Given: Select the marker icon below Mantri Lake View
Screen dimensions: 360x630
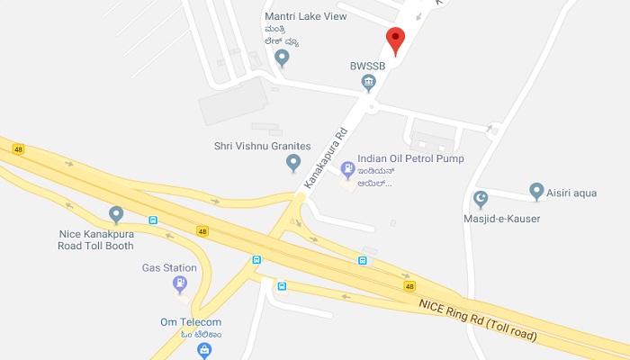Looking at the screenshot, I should click(x=283, y=58).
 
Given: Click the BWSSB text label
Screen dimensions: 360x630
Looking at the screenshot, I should click(x=369, y=65).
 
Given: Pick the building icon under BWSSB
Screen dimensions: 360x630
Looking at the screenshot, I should click(x=369, y=83).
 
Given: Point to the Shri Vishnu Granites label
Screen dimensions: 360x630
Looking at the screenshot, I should click(x=262, y=146).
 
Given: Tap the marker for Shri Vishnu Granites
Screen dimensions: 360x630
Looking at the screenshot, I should click(x=292, y=163).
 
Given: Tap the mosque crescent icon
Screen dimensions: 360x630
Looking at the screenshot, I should click(x=481, y=197).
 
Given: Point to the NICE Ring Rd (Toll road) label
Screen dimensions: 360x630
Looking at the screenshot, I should click(x=478, y=319).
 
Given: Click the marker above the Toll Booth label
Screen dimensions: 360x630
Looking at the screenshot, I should click(x=115, y=214).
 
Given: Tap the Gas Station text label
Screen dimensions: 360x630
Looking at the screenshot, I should click(x=169, y=267).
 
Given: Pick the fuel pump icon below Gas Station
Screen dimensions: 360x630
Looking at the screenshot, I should click(x=180, y=285).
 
